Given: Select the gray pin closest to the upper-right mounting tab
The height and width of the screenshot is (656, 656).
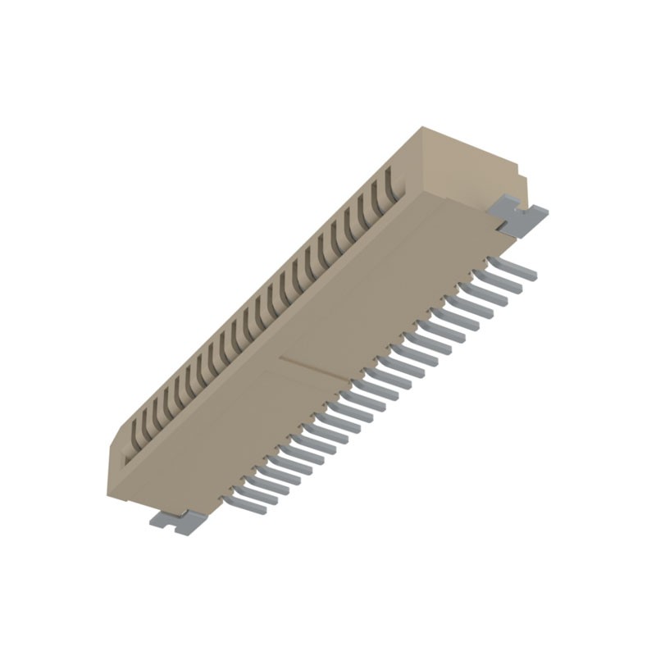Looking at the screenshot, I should [x=513, y=266].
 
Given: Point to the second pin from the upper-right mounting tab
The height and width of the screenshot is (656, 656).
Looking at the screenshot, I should [x=502, y=278].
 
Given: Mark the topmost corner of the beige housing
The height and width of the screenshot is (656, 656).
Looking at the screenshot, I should [x=422, y=128].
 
